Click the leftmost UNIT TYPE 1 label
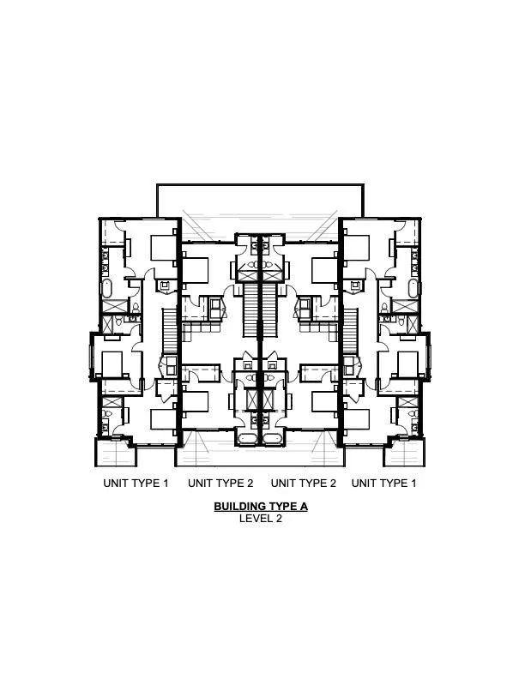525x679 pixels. point(136,483)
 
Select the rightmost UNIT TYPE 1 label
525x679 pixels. point(383,483)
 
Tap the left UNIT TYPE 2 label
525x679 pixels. point(220,483)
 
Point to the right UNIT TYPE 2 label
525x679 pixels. point(303,483)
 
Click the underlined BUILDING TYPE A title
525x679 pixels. point(261,506)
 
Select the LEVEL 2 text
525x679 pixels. point(261,519)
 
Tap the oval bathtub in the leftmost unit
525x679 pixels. point(107,288)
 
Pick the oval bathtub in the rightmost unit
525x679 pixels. point(413,288)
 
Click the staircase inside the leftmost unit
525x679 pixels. point(169,331)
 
